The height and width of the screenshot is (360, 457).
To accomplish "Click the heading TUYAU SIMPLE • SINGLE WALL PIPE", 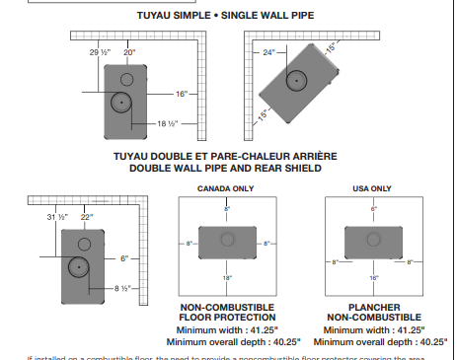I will pos(228,17).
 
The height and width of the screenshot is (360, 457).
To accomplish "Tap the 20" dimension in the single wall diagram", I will pos(129,51).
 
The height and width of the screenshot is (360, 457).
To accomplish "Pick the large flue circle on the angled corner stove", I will pos(296,81).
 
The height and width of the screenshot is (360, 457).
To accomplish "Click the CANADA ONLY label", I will pos(225,187).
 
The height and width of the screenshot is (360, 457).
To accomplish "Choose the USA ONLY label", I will pos(372,187).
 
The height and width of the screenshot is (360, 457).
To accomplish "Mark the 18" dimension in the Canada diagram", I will pos(226,279).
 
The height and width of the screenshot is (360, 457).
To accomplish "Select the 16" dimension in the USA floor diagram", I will pos(374,279).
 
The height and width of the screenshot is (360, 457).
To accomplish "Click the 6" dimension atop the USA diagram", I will pos(374,209).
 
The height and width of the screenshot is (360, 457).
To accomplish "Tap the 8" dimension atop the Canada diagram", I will pos(226,209).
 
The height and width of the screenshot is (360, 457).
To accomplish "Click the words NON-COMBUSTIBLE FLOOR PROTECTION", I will pos(226,313).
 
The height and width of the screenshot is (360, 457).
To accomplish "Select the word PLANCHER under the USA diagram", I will pos(373,308).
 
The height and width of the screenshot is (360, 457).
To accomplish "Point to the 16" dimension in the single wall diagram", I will pos(182,94).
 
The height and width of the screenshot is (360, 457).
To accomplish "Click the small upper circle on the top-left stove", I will pos(127,78).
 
